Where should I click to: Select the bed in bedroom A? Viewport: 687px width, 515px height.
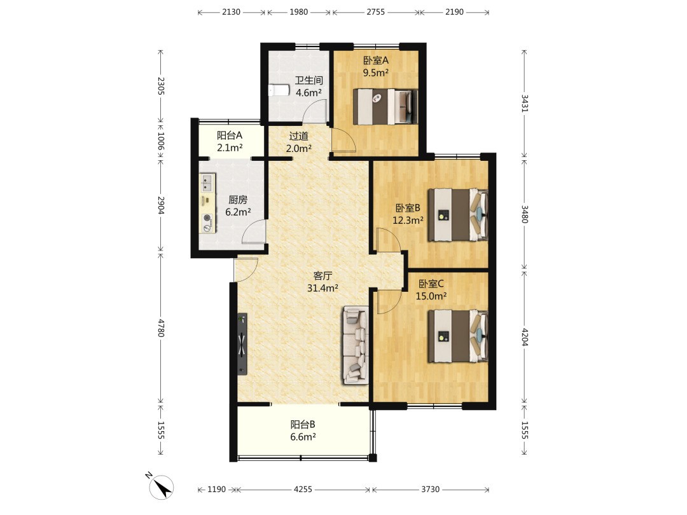385,107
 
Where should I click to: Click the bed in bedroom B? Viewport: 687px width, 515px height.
458,215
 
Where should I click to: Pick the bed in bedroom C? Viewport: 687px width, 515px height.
458,336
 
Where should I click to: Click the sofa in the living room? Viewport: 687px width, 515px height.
356,345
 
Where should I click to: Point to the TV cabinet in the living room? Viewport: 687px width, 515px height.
242,344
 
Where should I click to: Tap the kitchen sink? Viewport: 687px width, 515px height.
207,182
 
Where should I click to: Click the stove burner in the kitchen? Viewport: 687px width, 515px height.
207,217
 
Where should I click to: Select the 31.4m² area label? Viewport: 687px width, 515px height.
323,288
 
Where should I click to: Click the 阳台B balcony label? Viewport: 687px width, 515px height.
303,424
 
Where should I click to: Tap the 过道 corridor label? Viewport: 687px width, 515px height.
299,136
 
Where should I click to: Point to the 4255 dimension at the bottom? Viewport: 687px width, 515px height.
303,489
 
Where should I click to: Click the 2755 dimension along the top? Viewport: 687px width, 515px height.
375,12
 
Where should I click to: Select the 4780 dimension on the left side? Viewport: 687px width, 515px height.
161,328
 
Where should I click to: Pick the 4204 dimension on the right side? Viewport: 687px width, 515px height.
524,337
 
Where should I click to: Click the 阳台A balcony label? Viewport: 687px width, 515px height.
230,135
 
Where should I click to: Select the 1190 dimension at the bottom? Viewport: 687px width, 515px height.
216,489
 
